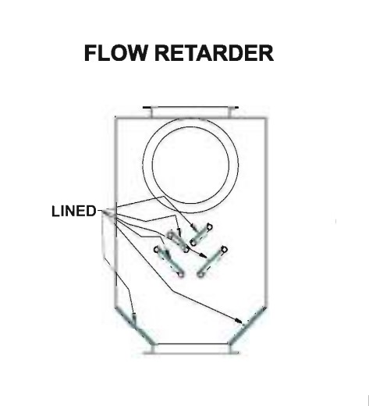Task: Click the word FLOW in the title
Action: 115,53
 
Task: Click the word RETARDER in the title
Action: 215,53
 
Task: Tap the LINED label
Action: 74,211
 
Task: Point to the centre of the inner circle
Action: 190,165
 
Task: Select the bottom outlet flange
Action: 191,349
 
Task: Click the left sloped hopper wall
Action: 134,326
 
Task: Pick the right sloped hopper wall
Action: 247,326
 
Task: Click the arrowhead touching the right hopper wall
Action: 238,320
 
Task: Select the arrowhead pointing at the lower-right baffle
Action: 204,255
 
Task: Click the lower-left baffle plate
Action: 169,262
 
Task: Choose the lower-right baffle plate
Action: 212,262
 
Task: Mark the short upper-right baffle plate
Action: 201,235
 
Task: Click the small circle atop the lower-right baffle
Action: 224,250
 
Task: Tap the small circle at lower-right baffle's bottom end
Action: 200,274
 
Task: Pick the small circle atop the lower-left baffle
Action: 157,249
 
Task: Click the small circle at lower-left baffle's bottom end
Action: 181,274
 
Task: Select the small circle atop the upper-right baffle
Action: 209,227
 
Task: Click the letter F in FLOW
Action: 90,53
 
